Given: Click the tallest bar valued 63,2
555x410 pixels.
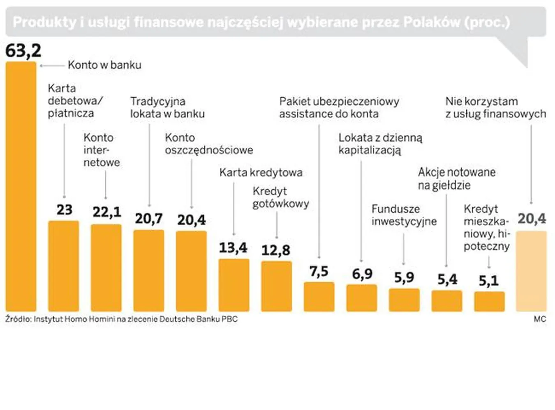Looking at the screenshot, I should coord(21,187).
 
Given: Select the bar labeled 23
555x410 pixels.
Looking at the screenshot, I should coord(64,266).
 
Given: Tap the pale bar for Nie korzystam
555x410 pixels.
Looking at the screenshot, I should coord(531,271).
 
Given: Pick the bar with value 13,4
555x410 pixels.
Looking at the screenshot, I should coord(234,285).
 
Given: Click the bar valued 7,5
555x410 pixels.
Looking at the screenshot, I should coord(319,296).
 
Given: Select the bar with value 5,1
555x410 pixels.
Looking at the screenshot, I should coord(489,301).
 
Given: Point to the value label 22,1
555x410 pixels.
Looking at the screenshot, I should coord(106,212).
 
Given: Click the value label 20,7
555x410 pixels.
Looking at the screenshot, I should coord(149,218).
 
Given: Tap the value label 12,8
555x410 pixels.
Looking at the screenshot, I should coord(276,250).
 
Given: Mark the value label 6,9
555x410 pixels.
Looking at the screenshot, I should coord(362,274).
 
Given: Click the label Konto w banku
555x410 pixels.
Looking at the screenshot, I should coord(104,65).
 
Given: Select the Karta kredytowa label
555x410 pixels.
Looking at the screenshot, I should coord(261,172).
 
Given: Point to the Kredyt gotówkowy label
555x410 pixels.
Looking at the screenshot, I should coord(280,197).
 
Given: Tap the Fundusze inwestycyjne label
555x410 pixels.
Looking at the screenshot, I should coord(404,215).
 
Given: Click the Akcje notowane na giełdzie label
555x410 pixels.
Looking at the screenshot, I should coord(456,179).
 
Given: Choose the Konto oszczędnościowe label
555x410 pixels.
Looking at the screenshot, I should coord(209,144).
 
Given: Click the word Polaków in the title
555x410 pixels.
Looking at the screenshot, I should coord(432,22).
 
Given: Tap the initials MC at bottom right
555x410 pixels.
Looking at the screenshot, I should coord(540,319).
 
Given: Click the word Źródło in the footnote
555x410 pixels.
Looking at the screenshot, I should coord(18,319).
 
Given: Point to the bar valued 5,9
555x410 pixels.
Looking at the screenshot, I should coord(404,300).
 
